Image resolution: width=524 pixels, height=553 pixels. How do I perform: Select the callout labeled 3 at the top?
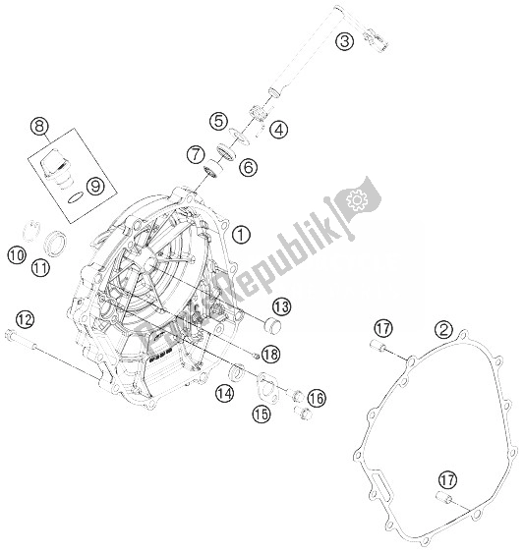[343, 40]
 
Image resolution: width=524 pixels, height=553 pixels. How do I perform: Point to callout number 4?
[279, 129]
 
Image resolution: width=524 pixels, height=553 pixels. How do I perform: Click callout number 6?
[248, 168]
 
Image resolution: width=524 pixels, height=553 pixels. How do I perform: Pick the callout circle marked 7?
[198, 154]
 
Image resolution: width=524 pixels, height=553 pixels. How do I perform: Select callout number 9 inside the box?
[94, 184]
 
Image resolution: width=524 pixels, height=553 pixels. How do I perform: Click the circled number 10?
[17, 254]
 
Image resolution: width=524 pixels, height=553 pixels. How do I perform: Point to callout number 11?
[40, 266]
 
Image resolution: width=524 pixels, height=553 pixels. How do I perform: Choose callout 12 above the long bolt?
[24, 317]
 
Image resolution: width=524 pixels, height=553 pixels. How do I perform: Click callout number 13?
[280, 304]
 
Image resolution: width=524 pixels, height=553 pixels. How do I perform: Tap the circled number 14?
[225, 393]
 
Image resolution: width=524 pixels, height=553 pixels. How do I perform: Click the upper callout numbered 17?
[383, 328]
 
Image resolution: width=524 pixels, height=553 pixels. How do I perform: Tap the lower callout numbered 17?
[447, 479]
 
